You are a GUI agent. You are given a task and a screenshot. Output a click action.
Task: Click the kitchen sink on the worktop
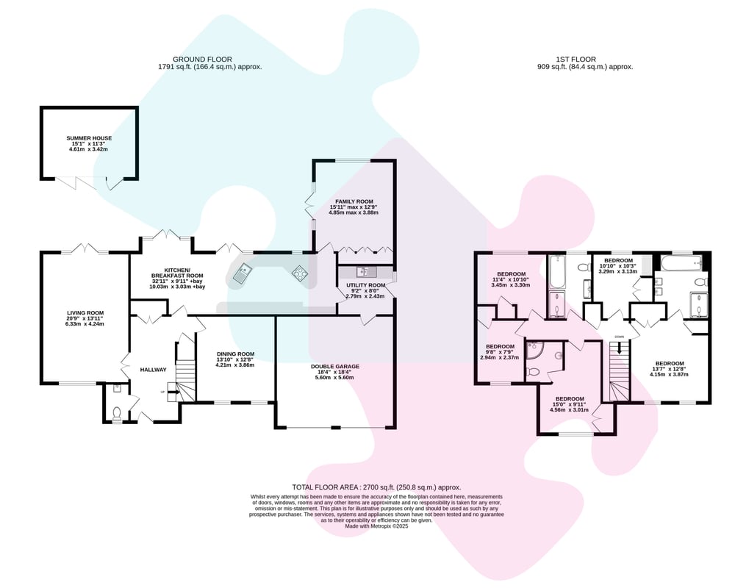pos(243,273)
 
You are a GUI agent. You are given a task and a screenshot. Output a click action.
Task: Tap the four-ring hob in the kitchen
pos(300,273)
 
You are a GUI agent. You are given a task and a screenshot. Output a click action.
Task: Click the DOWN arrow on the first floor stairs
pos(620,348)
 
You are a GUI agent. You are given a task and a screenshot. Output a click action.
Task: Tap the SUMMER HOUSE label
pos(89,138)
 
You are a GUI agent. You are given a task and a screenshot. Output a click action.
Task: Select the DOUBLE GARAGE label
pos(335,367)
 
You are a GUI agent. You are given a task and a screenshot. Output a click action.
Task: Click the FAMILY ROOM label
pos(354,201)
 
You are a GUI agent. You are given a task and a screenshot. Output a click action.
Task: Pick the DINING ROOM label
pos(235,354)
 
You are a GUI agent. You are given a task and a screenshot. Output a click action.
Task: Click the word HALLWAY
pos(154,370)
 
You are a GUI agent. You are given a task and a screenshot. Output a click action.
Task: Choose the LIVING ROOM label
pos(85,313)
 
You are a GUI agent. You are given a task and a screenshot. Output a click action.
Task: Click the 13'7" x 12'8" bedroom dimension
pos(670,369)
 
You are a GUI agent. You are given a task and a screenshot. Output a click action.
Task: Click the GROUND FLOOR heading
pos(203,59)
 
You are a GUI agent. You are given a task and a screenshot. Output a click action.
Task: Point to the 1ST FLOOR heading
pos(576,59)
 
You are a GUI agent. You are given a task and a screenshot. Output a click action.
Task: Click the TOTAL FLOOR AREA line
pos(376,487)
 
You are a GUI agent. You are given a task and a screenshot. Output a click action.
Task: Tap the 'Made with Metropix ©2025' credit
pos(376,526)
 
